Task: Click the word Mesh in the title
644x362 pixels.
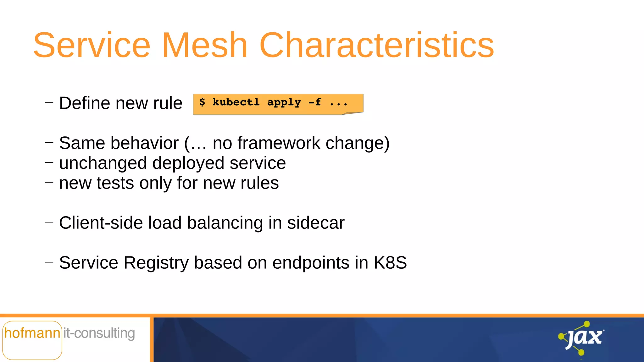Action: (x=204, y=46)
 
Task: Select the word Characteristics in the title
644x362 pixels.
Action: (x=376, y=46)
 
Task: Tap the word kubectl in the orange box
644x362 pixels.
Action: (x=236, y=102)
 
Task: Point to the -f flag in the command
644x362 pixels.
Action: (x=314, y=102)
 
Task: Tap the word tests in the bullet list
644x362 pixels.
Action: (x=115, y=183)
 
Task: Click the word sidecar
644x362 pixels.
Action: (x=316, y=223)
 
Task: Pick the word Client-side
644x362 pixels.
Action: (x=101, y=223)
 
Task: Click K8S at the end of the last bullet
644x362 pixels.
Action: (x=390, y=263)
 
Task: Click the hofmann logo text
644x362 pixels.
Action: (x=32, y=333)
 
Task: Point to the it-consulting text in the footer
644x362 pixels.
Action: (x=99, y=333)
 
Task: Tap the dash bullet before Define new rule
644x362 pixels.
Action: (x=49, y=102)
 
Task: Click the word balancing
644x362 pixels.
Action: (x=225, y=223)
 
